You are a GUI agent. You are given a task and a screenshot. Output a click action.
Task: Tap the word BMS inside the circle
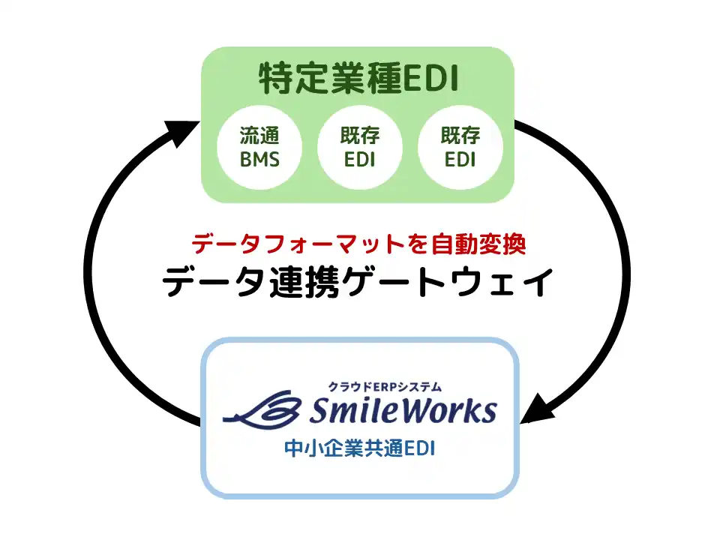tap(259, 160)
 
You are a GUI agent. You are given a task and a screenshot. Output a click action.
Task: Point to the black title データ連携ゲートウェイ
tap(360, 283)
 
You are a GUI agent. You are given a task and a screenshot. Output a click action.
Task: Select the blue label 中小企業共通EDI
tap(360, 448)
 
